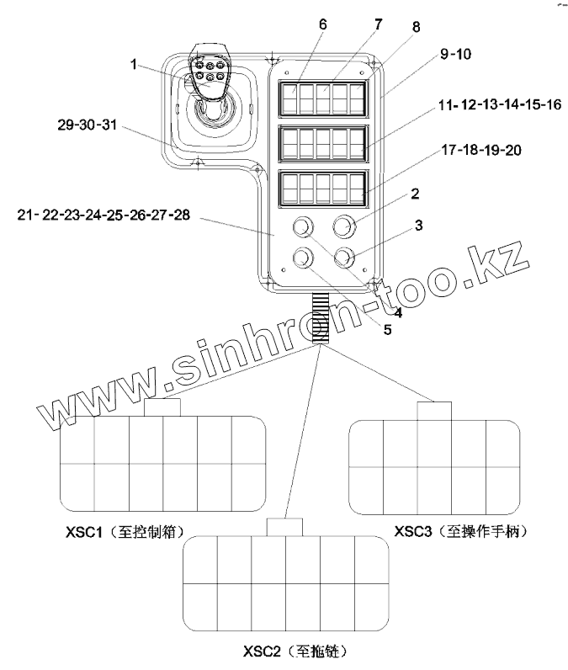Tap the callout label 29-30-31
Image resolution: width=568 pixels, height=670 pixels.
[x=84, y=126]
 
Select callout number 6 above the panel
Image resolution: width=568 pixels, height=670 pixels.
[x=322, y=24]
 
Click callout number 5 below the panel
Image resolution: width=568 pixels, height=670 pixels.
[x=387, y=330]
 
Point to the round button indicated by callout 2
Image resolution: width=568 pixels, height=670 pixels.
[x=343, y=226]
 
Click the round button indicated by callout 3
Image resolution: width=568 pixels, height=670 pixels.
[x=343, y=257]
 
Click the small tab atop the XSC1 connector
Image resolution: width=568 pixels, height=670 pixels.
[x=163, y=407]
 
